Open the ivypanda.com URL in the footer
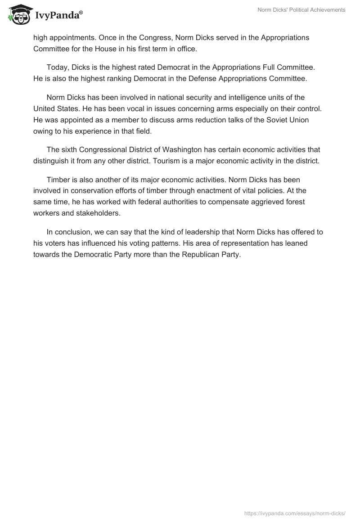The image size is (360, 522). tap(294, 513)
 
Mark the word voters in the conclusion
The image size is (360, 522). tap(55, 243)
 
